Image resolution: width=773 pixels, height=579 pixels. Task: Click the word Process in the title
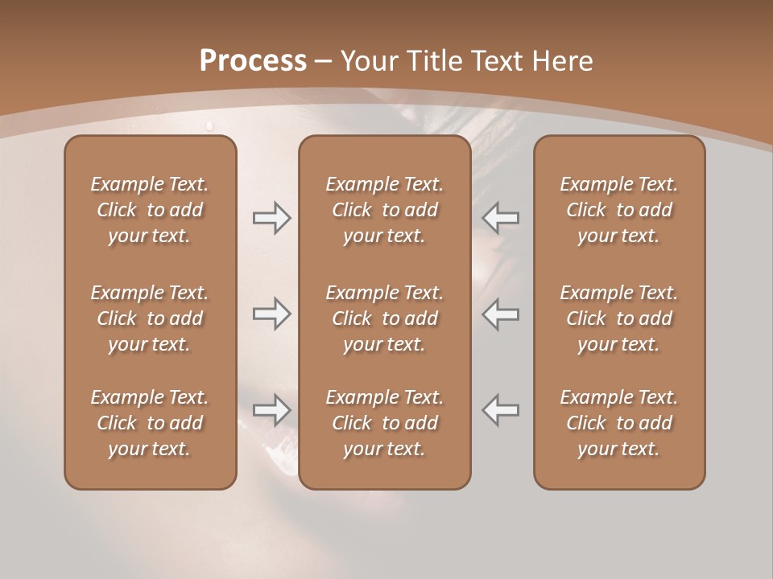coord(253,61)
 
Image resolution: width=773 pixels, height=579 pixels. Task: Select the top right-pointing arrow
coord(271,217)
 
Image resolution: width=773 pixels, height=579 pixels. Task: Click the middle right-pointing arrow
coord(271,314)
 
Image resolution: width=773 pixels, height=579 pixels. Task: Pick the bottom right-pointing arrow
coord(271,409)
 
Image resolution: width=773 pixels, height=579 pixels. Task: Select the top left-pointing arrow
coord(500,217)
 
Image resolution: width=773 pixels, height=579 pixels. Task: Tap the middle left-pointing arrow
coord(500,314)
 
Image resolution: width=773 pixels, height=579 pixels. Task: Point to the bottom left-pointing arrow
coord(500,409)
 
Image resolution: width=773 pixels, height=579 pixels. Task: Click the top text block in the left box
coord(150,210)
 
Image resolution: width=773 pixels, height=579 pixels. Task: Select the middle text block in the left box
coord(150,318)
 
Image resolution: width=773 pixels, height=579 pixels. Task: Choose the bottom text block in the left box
coord(150,423)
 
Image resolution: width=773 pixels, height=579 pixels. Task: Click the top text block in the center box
coord(384,210)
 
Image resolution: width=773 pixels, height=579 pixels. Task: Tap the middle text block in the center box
coord(384,318)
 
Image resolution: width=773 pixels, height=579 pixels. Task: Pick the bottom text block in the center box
coord(384,423)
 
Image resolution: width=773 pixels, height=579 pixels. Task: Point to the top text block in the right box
coord(618,210)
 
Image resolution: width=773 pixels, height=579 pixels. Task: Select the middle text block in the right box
coord(618,318)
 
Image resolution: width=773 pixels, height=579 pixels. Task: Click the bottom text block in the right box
coord(618,423)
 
